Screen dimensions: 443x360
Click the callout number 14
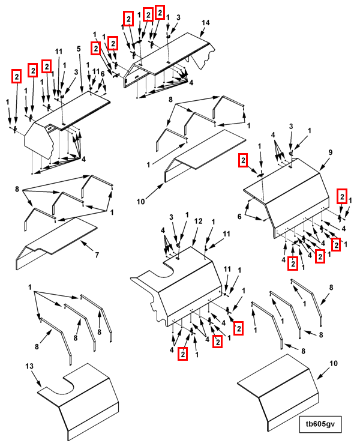click(x=205, y=22)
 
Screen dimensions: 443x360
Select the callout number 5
click(x=79, y=47)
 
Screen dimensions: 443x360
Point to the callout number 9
click(x=329, y=152)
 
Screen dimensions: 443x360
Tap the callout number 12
click(x=197, y=222)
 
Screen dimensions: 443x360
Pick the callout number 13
click(x=29, y=366)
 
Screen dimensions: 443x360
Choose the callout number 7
click(x=97, y=255)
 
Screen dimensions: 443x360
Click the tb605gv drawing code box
click(x=320, y=424)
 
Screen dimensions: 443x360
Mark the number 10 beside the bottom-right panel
click(x=334, y=363)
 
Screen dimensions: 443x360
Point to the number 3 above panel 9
click(x=291, y=126)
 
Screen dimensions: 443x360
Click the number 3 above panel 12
click(x=170, y=217)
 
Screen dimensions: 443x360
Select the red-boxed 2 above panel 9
click(x=243, y=160)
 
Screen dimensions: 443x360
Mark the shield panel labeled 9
click(x=294, y=192)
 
